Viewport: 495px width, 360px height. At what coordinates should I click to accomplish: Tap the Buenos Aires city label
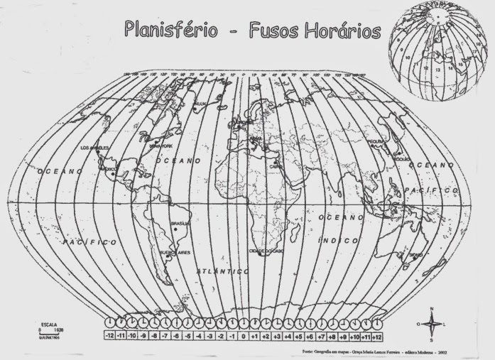[175, 252]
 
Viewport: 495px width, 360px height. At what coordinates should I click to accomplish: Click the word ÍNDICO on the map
[335, 242]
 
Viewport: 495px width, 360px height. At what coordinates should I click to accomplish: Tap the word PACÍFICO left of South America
[89, 243]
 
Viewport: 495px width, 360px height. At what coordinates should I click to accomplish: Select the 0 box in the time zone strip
[244, 336]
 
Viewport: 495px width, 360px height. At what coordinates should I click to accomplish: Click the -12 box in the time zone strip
[109, 336]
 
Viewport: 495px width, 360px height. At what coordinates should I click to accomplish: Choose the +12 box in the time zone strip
[379, 336]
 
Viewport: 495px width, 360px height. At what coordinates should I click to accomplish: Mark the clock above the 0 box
[244, 322]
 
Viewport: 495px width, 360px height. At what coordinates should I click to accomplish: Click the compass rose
[432, 324]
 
